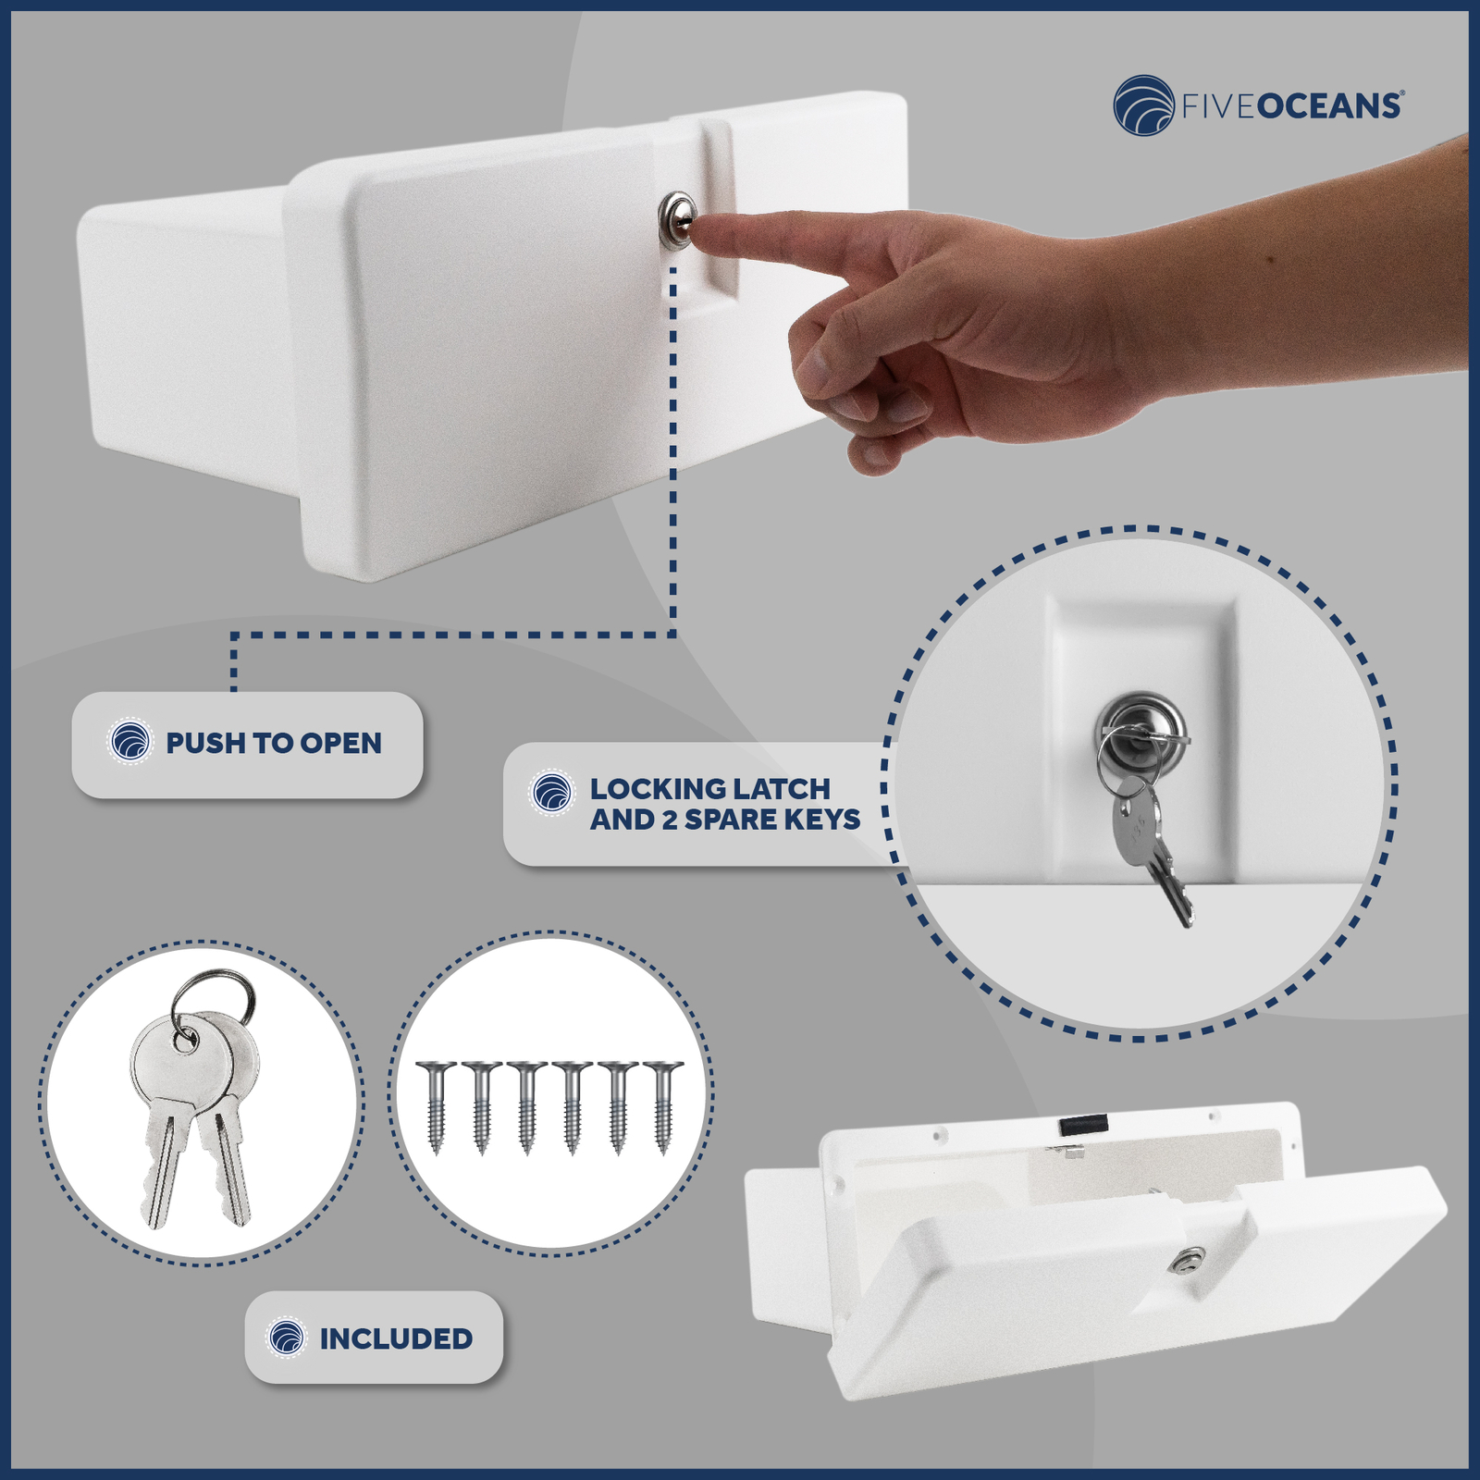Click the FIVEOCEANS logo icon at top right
1144,105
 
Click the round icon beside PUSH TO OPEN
129,742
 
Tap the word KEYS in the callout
821,820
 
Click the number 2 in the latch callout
670,820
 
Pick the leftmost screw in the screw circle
436,1106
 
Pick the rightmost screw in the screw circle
662,1106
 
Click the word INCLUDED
396,1338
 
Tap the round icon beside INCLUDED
286,1338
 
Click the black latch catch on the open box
1083,1126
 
